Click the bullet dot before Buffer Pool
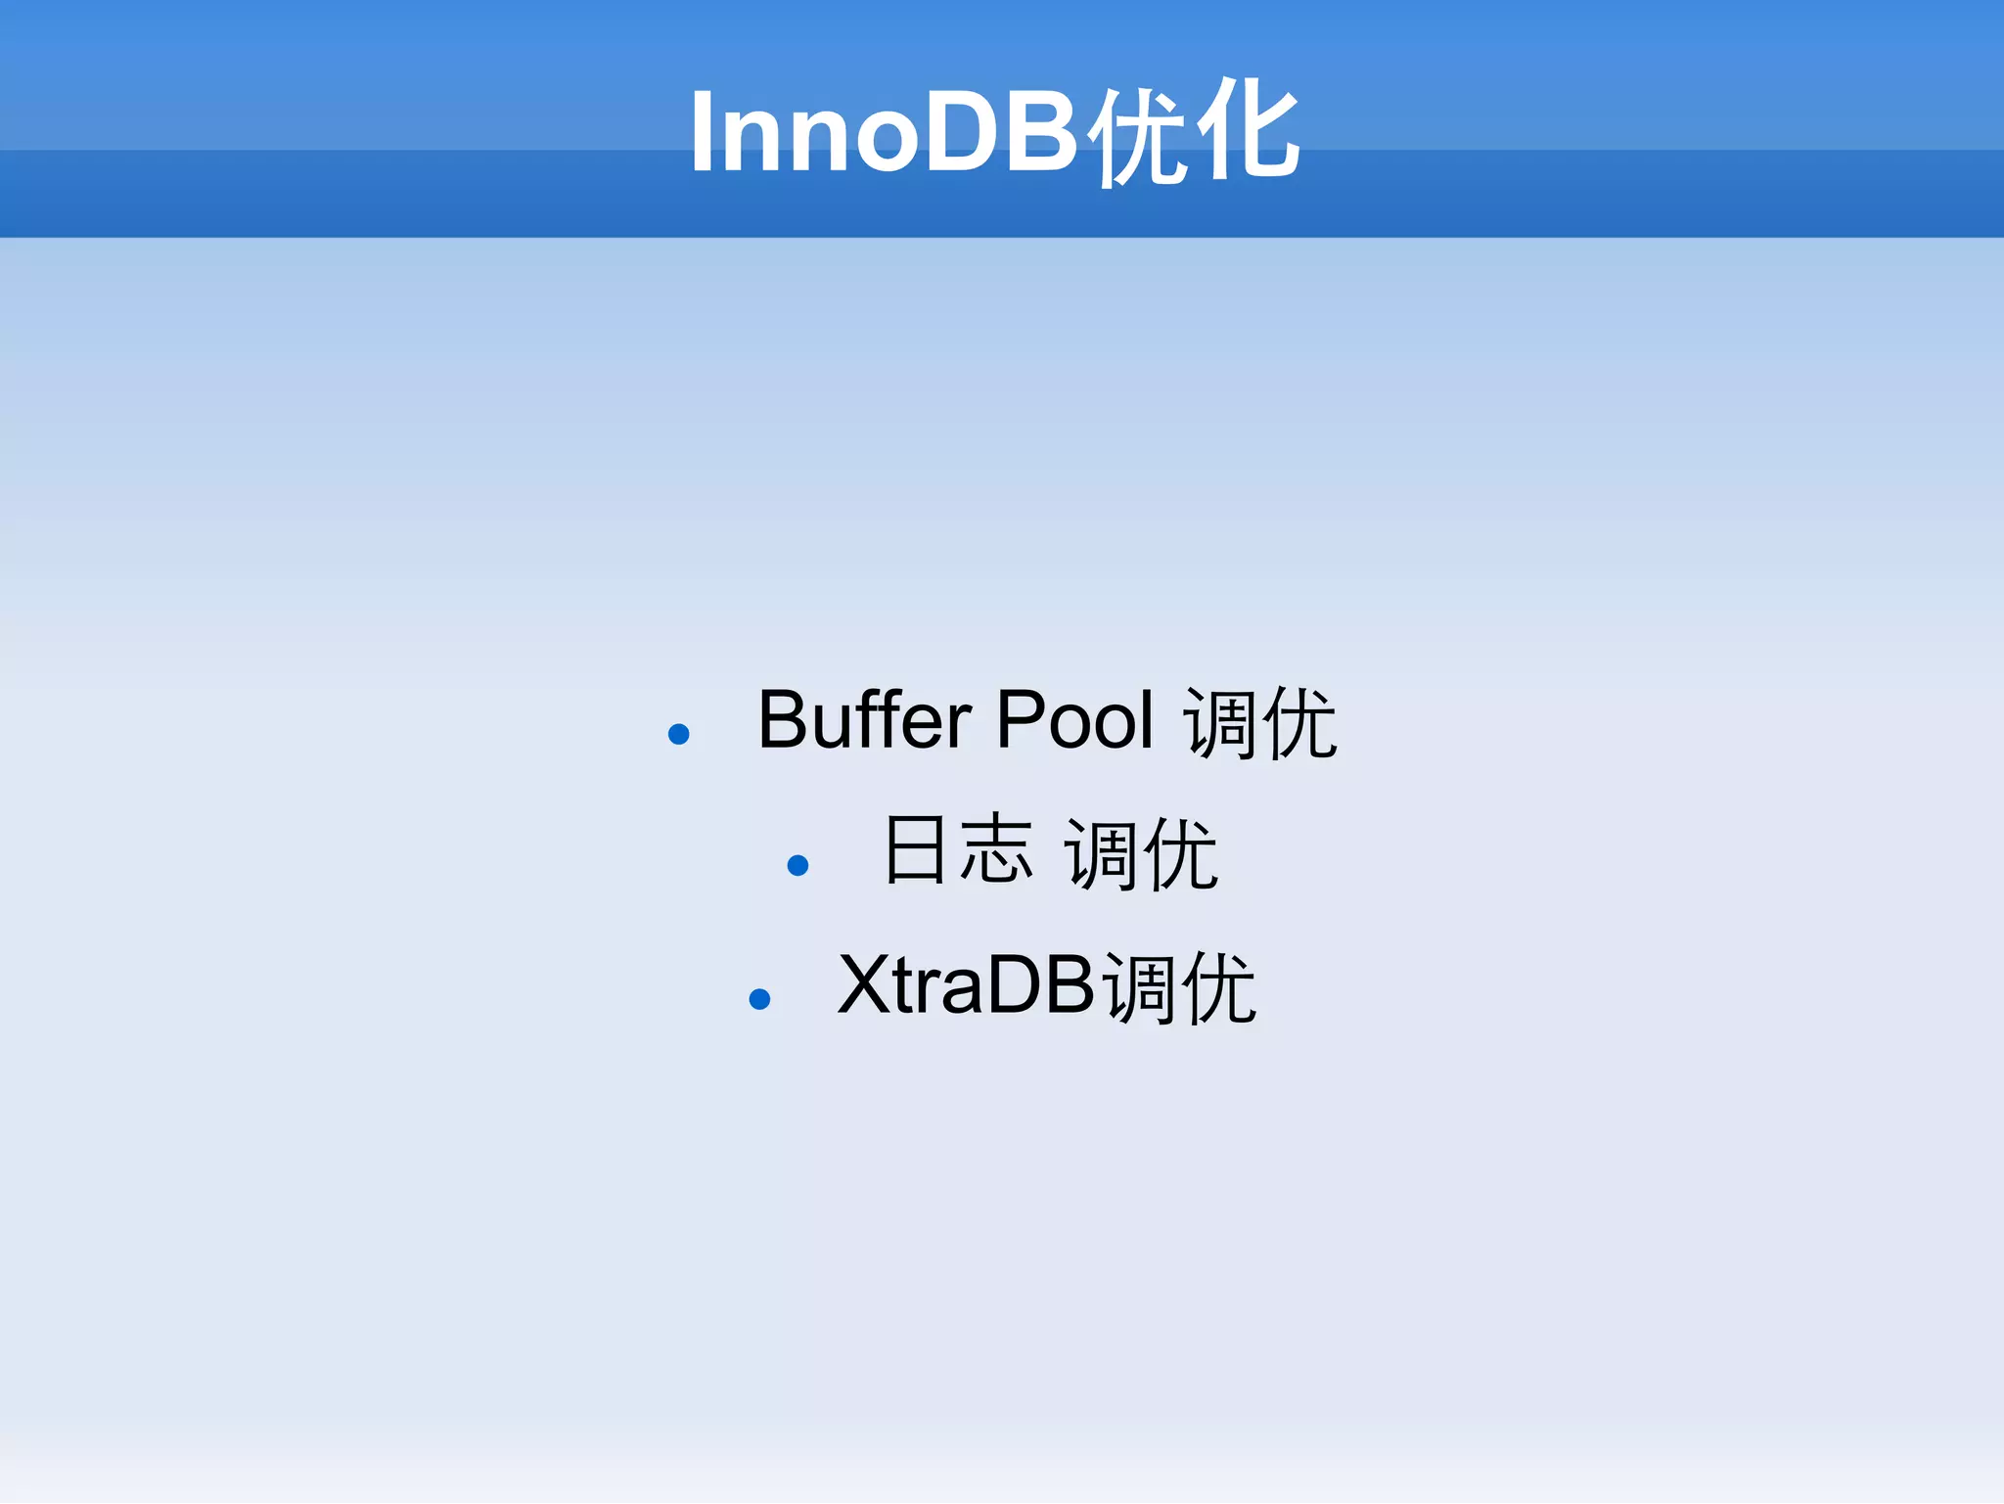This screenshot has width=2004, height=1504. pos(678,734)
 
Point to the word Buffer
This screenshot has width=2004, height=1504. pos(864,720)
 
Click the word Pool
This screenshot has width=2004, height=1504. pos(1074,720)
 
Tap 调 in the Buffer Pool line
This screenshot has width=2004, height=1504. pos(1220,724)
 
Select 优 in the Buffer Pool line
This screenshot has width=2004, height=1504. pos(1299,724)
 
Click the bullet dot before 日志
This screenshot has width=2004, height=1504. pos(797,865)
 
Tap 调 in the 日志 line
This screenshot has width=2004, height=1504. pos(1101,854)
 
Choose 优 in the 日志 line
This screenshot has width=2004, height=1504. pos(1180,854)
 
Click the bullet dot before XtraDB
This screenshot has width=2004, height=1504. pos(759,998)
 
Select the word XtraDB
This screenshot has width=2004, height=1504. pos(965,985)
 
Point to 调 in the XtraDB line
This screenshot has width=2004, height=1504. pos(1139,988)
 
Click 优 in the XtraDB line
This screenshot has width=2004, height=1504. pos(1218,988)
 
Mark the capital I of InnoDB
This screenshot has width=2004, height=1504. pos(701,133)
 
